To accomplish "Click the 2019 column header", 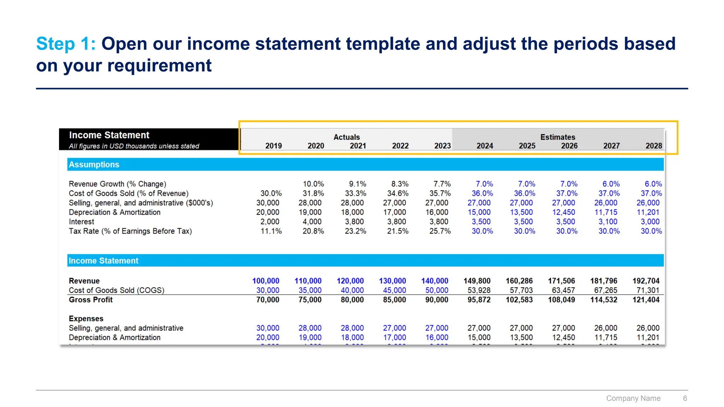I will click(x=273, y=146).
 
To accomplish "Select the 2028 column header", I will click(x=653, y=146).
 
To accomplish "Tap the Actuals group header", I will click(x=346, y=137).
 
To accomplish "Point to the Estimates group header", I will click(x=557, y=137).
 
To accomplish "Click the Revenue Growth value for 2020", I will click(x=313, y=184).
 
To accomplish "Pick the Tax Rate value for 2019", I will click(x=271, y=231).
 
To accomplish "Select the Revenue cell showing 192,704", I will click(x=646, y=281).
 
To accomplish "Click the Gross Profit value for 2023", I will click(x=437, y=300).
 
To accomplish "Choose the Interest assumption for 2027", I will click(x=608, y=222).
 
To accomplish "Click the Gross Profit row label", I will click(x=90, y=300).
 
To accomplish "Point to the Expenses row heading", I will click(x=86, y=319).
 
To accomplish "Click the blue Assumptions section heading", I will click(x=94, y=165).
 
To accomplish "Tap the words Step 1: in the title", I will click(x=66, y=44).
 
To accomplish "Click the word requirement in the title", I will click(x=159, y=66).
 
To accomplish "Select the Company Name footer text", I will click(x=633, y=398).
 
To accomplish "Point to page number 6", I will click(x=685, y=398).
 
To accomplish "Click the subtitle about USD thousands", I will click(x=134, y=146).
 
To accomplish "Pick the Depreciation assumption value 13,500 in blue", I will click(x=521, y=212).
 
